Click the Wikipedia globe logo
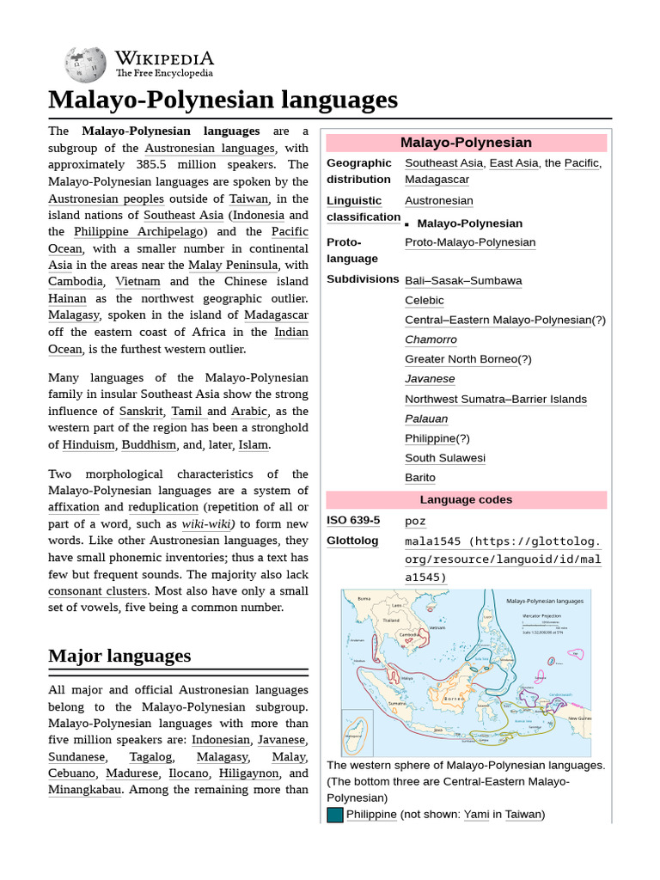[85, 64]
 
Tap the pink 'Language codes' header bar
[466, 500]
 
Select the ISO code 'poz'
[415, 521]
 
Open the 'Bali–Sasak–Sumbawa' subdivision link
[463, 281]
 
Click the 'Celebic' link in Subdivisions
[425, 301]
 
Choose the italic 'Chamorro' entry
[431, 339]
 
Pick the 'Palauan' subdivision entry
[426, 419]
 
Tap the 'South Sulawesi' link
[445, 458]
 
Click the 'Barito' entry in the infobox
[420, 478]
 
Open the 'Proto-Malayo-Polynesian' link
[470, 242]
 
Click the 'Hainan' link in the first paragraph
[67, 299]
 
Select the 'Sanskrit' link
[139, 412]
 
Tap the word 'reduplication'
[163, 507]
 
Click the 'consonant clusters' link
[98, 591]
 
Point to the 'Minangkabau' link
[84, 790]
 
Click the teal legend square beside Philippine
[334, 815]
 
